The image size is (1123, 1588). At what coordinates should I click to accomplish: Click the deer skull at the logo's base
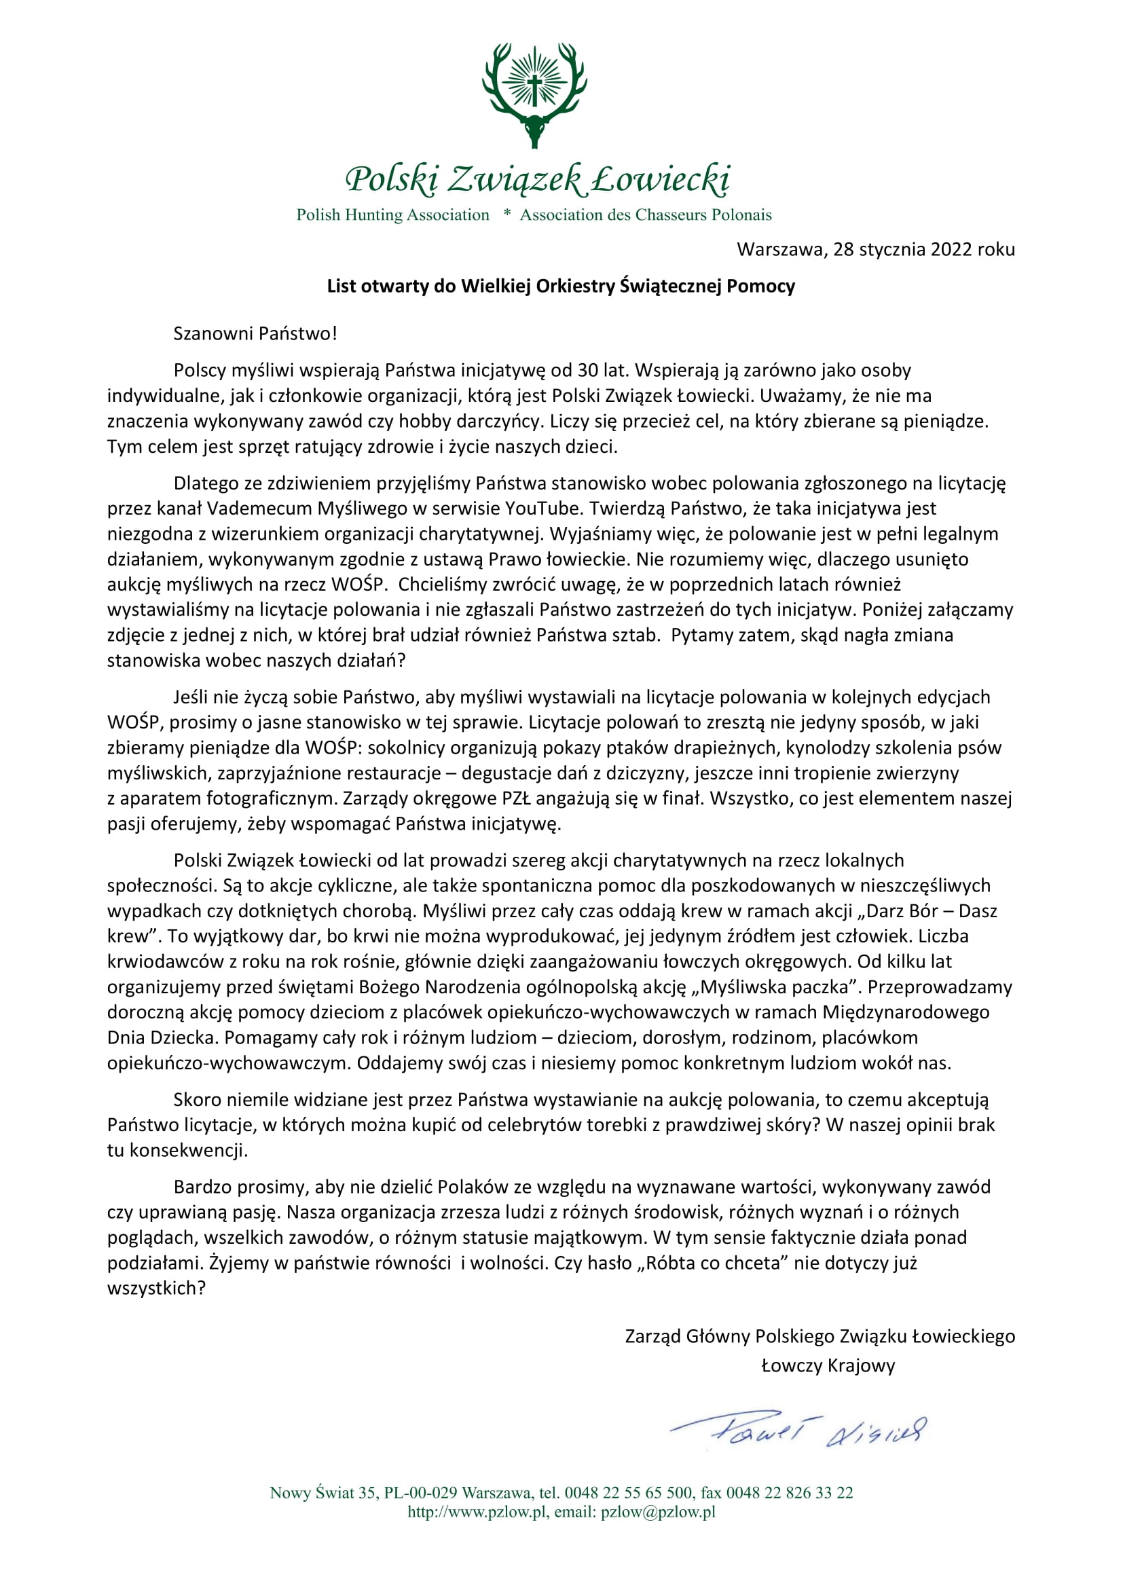pyautogui.click(x=534, y=131)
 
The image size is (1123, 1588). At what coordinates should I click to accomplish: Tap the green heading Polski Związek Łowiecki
pyautogui.click(x=537, y=179)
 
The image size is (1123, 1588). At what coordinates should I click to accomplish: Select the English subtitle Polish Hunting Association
pyautogui.click(x=392, y=215)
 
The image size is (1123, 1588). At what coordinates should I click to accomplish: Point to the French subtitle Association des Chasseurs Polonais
pyautogui.click(x=646, y=215)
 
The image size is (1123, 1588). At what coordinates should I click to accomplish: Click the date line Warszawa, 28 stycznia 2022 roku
pyautogui.click(x=875, y=249)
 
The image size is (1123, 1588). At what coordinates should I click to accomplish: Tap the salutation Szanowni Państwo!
pyautogui.click(x=255, y=333)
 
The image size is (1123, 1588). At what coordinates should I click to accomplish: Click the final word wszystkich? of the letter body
pyautogui.click(x=156, y=1289)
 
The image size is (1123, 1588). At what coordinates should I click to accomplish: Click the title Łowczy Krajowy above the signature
pyautogui.click(x=828, y=1365)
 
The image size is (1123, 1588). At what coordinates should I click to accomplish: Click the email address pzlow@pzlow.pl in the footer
pyautogui.click(x=658, y=1512)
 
